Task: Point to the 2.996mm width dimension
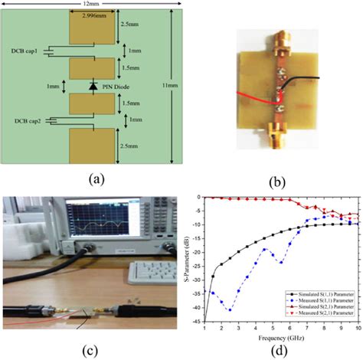[x=93, y=15]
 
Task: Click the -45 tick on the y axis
[x=198, y=321]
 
